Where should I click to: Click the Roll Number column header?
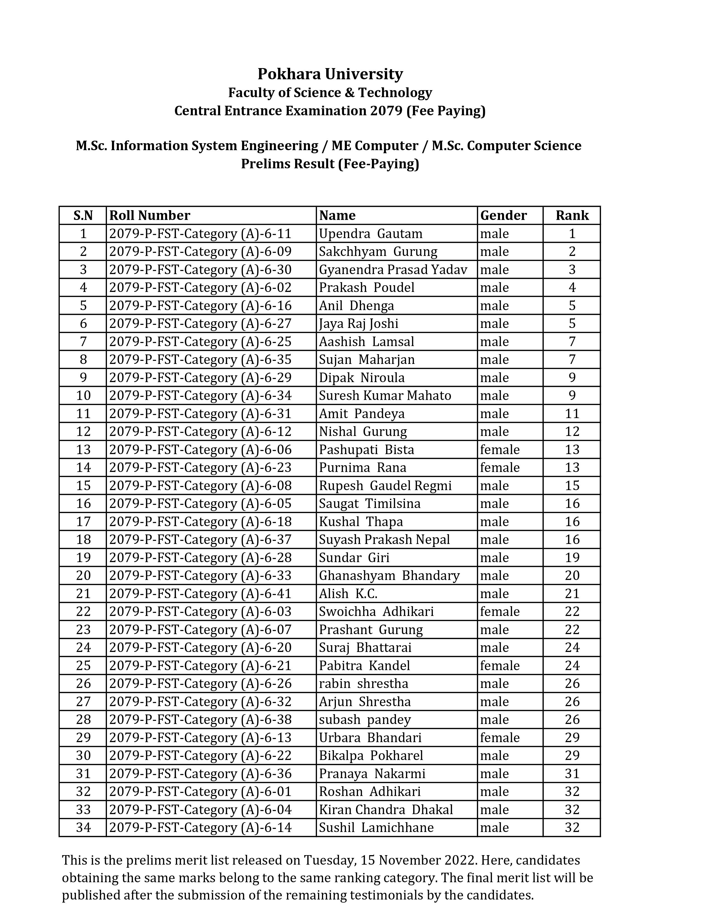tap(149, 215)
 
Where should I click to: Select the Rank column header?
tap(572, 215)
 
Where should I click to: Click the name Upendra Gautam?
tap(370, 234)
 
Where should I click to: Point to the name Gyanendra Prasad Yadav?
tap(393, 270)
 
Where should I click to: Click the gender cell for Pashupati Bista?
tap(500, 450)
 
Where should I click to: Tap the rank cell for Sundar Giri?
tap(572, 558)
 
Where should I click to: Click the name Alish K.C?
tap(348, 594)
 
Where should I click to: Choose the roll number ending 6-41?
tap(200, 594)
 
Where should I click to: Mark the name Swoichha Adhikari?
tap(376, 611)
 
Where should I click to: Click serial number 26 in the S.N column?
tap(83, 683)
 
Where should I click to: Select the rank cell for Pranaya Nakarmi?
tap(572, 773)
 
